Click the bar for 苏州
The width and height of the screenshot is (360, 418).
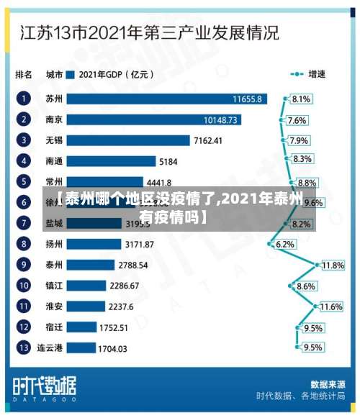[x=166, y=98]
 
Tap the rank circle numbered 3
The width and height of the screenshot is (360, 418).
[x=24, y=140]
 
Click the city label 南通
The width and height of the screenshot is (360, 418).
[x=54, y=161]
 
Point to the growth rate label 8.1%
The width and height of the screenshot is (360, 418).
[x=301, y=99]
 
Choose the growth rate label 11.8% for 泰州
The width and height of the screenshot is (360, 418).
[x=332, y=265]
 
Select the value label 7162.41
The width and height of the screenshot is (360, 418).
[x=208, y=140]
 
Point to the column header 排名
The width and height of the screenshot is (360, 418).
[x=24, y=73]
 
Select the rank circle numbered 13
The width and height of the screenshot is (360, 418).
[x=24, y=348]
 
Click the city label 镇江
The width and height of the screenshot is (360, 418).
[x=54, y=286]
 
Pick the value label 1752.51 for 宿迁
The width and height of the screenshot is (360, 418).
[x=113, y=327]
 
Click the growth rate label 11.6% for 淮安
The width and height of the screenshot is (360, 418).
[x=330, y=306]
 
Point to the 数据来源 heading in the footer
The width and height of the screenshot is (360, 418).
[x=326, y=383]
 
